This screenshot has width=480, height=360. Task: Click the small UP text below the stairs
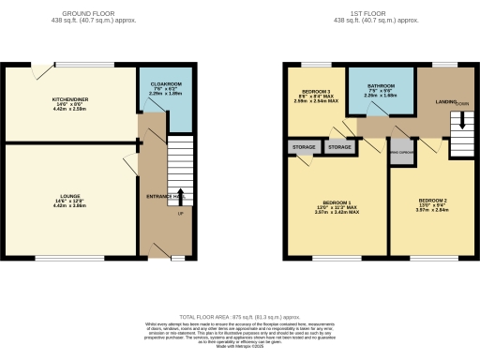tap(181, 215)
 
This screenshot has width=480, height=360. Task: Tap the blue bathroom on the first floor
tap(380, 91)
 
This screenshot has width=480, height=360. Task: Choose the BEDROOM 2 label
tap(433, 202)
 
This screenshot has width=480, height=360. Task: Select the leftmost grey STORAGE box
tap(304, 147)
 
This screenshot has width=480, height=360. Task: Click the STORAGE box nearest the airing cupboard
tap(339, 147)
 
